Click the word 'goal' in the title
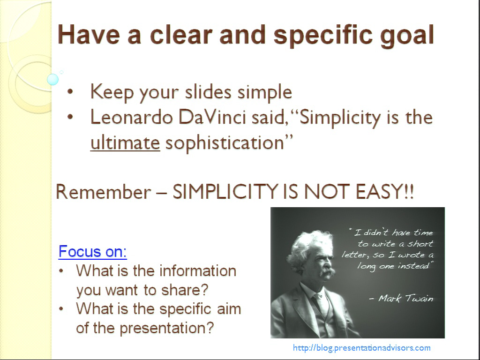click(407, 36)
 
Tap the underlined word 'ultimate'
click(125, 142)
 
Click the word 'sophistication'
click(225, 143)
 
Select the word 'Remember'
click(104, 192)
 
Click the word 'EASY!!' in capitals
click(385, 192)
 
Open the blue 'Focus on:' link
click(92, 251)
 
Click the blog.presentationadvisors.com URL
click(362, 348)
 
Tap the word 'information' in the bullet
click(198, 270)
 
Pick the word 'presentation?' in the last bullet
click(166, 328)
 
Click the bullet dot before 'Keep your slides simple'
click(70, 91)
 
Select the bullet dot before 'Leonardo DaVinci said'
click(70, 117)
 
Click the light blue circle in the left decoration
click(52, 79)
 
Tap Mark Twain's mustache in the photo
click(327, 271)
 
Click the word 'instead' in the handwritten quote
click(416, 266)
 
